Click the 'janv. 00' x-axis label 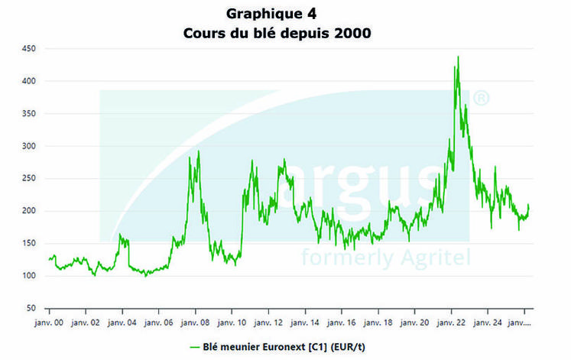tap(50, 323)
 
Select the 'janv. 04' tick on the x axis tap(122, 323)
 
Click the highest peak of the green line tap(458, 57)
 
